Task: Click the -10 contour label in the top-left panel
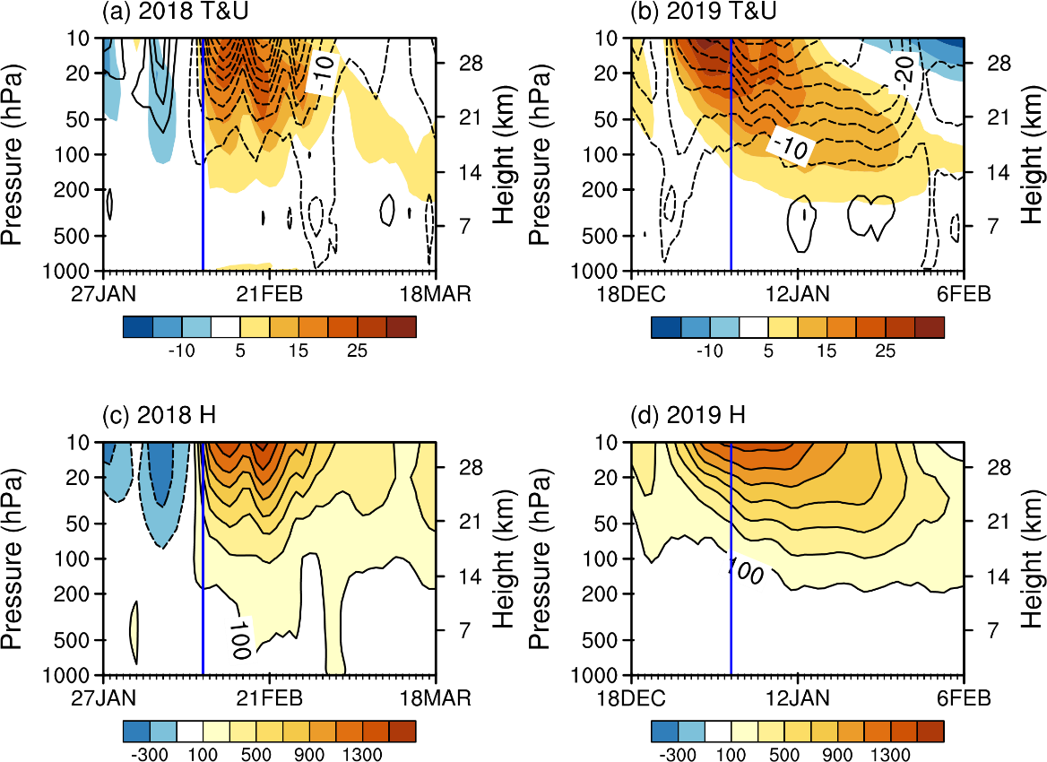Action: [x=321, y=73]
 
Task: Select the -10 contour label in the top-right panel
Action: [x=791, y=146]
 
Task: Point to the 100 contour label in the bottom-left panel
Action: [x=238, y=640]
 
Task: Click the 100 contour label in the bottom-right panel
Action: [x=744, y=572]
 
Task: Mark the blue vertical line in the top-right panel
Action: [x=731, y=215]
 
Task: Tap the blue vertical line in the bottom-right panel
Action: [x=731, y=628]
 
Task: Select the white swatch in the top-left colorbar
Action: [x=225, y=327]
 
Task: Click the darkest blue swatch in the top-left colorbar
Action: [x=138, y=327]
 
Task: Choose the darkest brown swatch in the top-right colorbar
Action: [x=930, y=327]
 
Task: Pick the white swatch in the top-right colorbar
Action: [x=754, y=327]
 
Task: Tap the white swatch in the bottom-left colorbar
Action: [x=190, y=732]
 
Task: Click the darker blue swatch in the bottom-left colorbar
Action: [x=136, y=732]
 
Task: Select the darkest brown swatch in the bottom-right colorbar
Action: [x=930, y=732]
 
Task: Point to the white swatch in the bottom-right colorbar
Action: [x=718, y=732]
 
